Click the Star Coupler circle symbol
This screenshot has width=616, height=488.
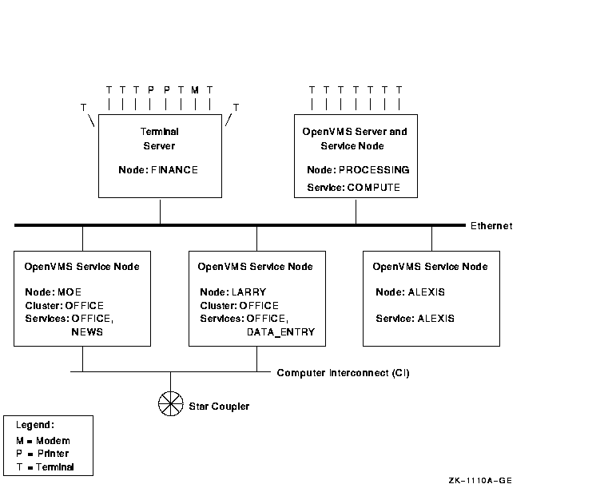pyautogui.click(x=170, y=404)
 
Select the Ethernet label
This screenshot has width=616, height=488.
pyautogui.click(x=491, y=226)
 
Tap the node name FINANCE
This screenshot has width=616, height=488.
pyautogui.click(x=173, y=170)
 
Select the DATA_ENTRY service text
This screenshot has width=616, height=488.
pyautogui.click(x=280, y=331)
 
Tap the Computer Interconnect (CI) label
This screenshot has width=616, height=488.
pyautogui.click(x=343, y=373)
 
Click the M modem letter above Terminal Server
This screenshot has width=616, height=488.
pyautogui.click(x=194, y=89)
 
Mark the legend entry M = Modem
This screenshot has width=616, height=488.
pyautogui.click(x=43, y=441)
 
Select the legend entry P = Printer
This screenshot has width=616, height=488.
pyautogui.click(x=42, y=454)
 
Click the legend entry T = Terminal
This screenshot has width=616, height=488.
pyautogui.click(x=45, y=466)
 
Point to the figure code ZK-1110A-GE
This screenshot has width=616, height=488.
pyautogui.click(x=479, y=480)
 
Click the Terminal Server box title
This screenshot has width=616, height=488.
pyautogui.click(x=158, y=138)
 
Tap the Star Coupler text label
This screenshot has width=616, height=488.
pyautogui.click(x=219, y=407)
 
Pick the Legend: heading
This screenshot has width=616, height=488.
pyautogui.click(x=35, y=425)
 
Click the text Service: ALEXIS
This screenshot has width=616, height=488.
pyautogui.click(x=415, y=318)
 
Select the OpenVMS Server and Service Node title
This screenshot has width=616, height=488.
pyautogui.click(x=353, y=138)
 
